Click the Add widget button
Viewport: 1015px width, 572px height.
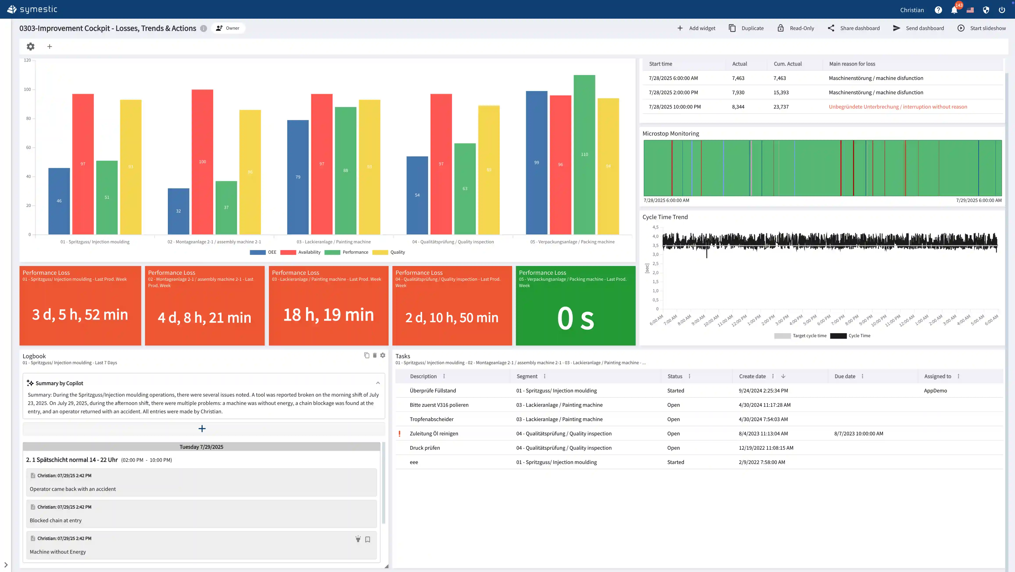(x=696, y=28)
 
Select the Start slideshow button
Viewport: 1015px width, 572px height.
(x=982, y=28)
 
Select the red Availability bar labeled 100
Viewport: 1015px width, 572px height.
(x=202, y=162)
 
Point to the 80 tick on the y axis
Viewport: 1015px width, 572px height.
(x=28, y=118)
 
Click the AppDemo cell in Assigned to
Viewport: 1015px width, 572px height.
(x=935, y=391)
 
